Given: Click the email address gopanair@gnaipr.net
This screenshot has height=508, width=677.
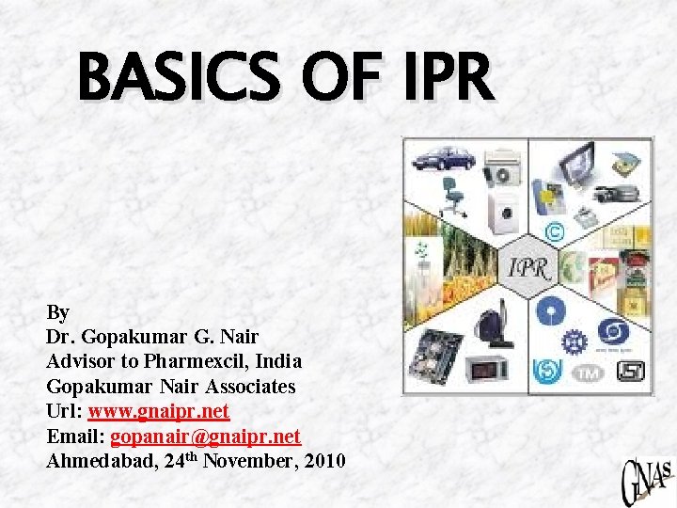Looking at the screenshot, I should click(206, 436).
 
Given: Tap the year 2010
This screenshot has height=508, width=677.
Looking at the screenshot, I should click(324, 460).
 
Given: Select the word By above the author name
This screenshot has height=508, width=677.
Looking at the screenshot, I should click(57, 312).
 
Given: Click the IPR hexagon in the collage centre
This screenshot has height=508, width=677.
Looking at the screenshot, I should click(528, 267).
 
